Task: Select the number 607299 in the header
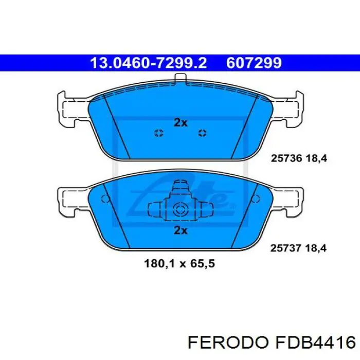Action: click(255, 63)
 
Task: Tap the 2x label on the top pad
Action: click(180, 122)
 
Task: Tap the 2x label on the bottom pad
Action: click(180, 230)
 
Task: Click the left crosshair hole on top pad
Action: click(158, 134)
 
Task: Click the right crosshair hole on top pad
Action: click(202, 134)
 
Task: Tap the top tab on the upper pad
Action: click(180, 79)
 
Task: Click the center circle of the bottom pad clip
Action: click(179, 209)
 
